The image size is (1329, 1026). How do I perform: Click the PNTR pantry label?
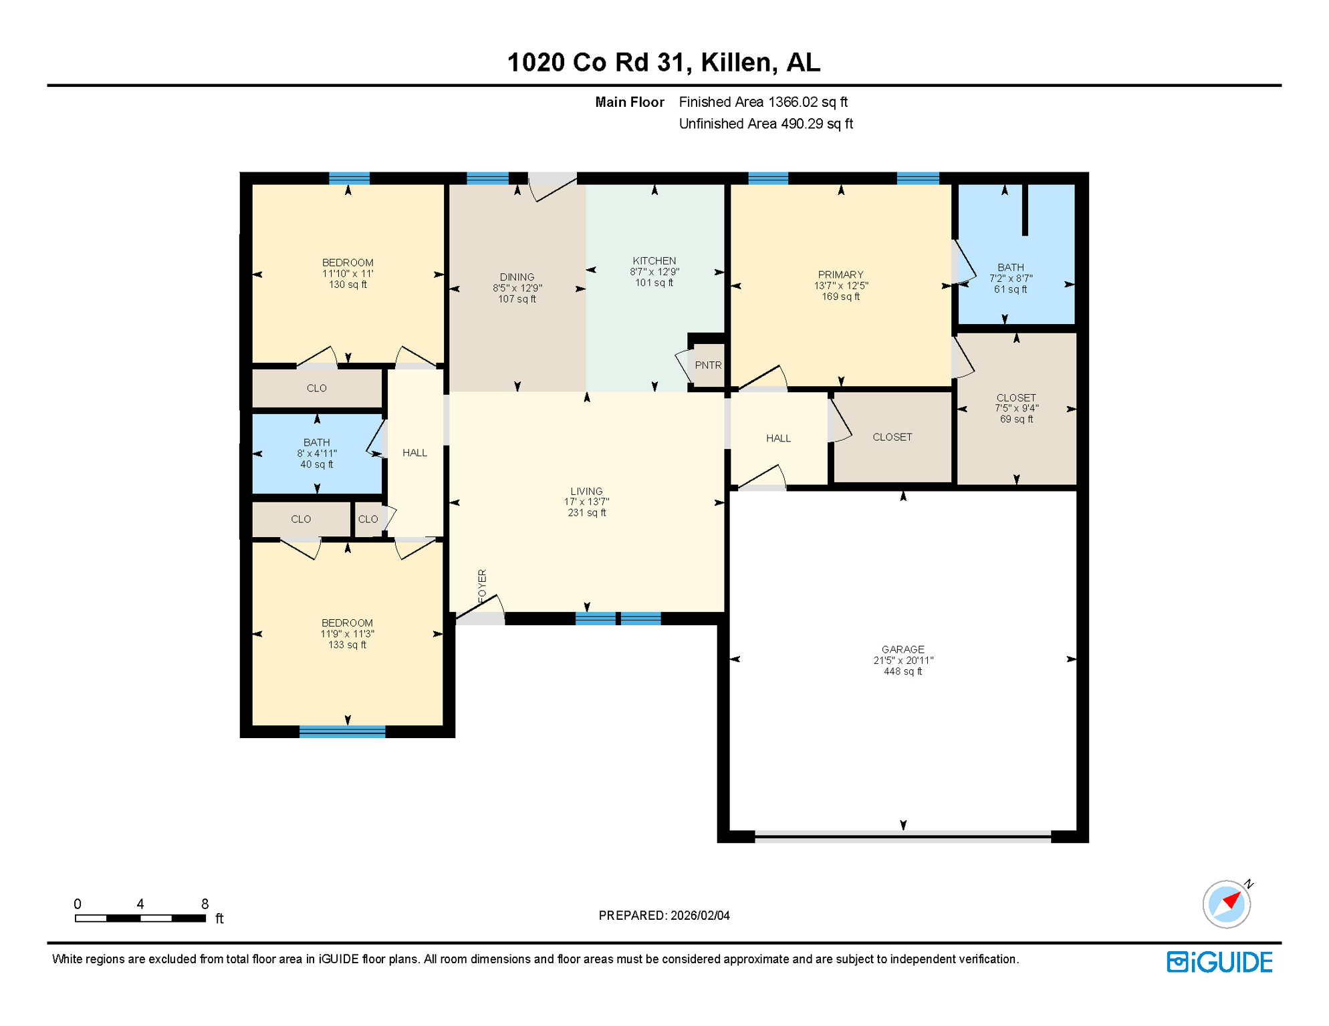click(x=707, y=365)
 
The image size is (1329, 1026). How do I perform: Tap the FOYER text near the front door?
click(x=482, y=586)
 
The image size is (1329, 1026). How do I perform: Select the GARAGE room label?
click(x=902, y=649)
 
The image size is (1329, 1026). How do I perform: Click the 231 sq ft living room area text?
click(x=586, y=513)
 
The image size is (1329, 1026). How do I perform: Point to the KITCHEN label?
click(x=654, y=261)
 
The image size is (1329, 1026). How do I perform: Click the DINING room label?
click(x=517, y=277)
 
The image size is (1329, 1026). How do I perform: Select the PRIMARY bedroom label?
click(x=840, y=275)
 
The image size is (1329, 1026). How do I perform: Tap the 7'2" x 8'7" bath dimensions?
click(x=1010, y=279)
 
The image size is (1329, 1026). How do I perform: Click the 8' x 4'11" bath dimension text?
click(x=316, y=454)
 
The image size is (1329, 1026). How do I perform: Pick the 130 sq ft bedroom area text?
click(x=347, y=285)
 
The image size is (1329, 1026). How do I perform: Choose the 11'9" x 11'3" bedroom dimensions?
click(x=347, y=634)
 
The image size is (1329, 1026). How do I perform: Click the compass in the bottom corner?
click(x=1226, y=904)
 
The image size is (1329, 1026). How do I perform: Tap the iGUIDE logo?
click(x=1219, y=962)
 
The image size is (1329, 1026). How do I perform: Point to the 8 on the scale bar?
click(x=205, y=904)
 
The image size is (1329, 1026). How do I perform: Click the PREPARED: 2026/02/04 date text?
click(x=664, y=915)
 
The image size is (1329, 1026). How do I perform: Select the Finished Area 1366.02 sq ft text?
click(x=763, y=102)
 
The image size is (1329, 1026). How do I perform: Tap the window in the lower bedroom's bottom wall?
click(x=342, y=731)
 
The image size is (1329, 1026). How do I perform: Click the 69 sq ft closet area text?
click(x=1015, y=419)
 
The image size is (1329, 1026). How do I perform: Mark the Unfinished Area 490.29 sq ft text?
click(x=765, y=124)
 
